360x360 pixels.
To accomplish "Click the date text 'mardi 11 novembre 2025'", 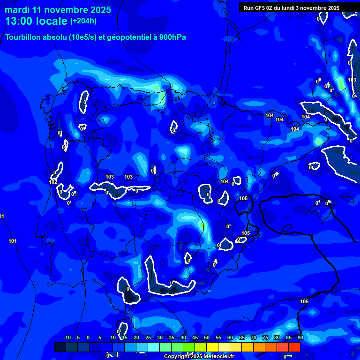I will coord(58,10).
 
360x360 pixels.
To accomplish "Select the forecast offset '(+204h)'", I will coord(84,21).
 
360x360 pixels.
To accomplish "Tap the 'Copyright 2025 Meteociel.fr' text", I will coord(199,356).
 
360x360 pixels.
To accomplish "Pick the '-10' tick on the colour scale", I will coord(67,337).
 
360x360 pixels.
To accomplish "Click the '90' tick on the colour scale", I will coord(300,337).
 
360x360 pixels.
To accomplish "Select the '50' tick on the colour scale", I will coord(207,337).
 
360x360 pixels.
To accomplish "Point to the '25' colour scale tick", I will coord(148,337).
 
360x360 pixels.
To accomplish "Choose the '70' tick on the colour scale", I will coord(254,337).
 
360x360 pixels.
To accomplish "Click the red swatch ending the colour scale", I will coord(294,347).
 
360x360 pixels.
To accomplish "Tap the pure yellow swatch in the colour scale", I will coord(212,347).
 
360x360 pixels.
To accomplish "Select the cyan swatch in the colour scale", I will coord(153,347).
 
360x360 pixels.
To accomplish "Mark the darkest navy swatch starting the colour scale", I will coord(60,347).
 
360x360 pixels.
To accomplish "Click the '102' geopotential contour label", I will coord(53,182).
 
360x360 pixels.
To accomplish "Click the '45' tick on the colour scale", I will coord(195,337).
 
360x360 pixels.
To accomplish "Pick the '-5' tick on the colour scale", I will coord(78,337).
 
